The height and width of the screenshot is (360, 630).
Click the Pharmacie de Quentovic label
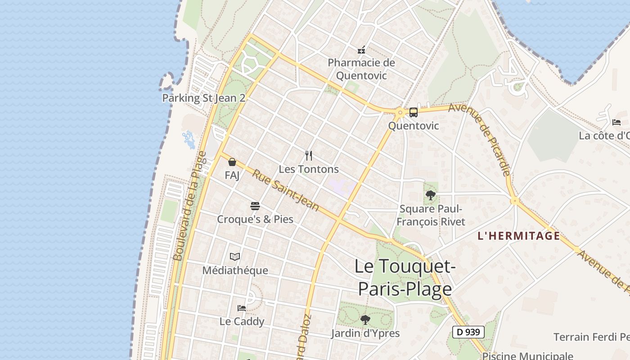[361, 69]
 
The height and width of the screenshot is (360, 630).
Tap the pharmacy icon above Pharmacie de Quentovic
[361, 49]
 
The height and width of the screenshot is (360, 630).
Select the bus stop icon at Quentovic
[413, 112]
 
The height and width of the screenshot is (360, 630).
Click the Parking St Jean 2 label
[203, 98]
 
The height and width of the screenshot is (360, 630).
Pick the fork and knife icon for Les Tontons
[309, 156]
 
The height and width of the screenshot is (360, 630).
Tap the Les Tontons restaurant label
[309, 169]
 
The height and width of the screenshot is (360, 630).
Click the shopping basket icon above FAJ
[232, 162]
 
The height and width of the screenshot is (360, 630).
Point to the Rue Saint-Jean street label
[285, 190]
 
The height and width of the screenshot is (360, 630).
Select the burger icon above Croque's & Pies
[255, 206]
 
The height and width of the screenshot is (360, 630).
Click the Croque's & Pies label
[255, 219]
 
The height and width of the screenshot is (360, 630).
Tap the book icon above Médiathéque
[235, 257]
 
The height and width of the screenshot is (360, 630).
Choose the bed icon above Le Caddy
[242, 308]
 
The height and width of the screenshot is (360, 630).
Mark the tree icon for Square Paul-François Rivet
[431, 195]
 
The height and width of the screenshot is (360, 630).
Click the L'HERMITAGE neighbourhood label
[519, 236]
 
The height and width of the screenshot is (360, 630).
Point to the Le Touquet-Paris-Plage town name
[405, 277]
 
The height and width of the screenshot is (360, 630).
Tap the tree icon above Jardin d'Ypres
[365, 320]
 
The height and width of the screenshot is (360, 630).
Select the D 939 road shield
[468, 332]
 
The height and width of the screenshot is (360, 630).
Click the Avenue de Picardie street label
[480, 139]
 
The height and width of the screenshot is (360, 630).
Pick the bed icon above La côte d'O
[616, 122]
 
